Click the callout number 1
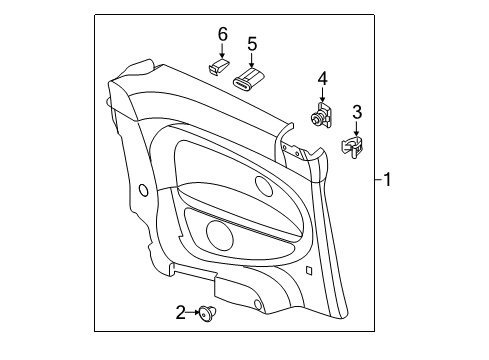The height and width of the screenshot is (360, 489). coord(387,180)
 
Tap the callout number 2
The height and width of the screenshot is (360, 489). coord(180,312)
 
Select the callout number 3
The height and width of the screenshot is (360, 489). coord(357,112)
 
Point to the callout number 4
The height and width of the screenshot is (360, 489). coord(322,79)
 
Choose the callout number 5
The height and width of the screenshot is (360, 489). coord(252,44)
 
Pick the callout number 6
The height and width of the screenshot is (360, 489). coord(223,34)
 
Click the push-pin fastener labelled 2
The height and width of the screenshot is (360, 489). coord(207,314)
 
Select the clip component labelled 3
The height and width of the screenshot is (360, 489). coord(352,147)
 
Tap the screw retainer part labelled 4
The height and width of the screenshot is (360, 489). coord(322,115)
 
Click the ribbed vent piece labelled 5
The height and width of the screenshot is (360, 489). coord(248,80)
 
